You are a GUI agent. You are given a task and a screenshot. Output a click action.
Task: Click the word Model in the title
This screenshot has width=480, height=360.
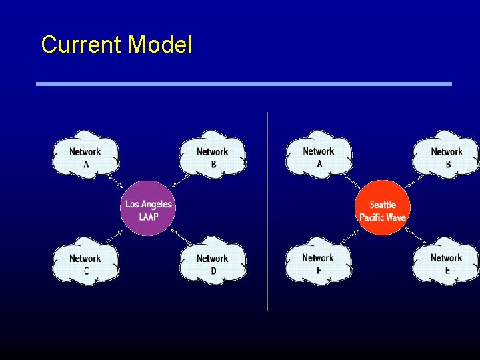pyautogui.click(x=160, y=45)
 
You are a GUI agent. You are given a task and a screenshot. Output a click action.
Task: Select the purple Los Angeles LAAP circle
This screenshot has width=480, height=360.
pyautogui.click(x=148, y=208)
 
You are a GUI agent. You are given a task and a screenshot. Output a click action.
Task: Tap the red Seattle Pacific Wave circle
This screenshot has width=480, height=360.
pyautogui.click(x=382, y=208)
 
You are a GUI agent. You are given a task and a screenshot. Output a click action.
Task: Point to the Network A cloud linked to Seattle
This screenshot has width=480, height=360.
pyautogui.click(x=319, y=157)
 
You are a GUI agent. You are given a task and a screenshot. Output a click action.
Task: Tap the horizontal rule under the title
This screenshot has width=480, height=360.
pyautogui.click(x=243, y=84)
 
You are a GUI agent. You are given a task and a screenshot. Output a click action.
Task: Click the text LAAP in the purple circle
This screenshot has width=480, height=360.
pyautogui.click(x=148, y=216)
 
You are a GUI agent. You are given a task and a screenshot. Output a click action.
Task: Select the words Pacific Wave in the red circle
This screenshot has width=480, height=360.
pyautogui.click(x=383, y=217)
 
